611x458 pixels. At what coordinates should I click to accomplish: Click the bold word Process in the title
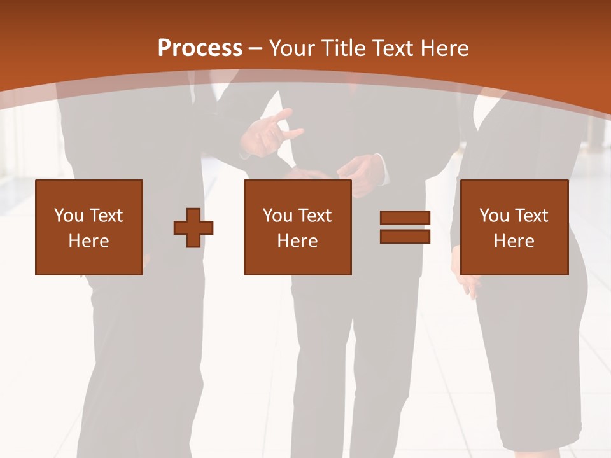pos(200,48)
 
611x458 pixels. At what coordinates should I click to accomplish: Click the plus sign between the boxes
pos(193,228)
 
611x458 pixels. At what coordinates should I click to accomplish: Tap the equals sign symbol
pos(405,227)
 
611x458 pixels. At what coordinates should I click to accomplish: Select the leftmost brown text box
pos(89,227)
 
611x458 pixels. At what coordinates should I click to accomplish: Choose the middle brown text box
pos(297,227)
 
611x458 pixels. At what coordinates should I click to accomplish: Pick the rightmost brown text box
pos(514,227)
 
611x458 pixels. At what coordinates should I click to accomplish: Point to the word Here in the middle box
pos(297,241)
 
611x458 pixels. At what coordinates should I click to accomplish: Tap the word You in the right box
pos(494,216)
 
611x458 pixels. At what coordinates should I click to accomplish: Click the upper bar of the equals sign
pos(405,218)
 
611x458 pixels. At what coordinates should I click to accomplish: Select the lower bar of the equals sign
pos(405,236)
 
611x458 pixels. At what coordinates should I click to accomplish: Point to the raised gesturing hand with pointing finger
pos(270,130)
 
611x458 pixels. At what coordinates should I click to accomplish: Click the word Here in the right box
pos(514,241)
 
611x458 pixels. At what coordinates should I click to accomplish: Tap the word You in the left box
pos(69,216)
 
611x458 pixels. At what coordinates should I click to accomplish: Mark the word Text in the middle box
pos(314,216)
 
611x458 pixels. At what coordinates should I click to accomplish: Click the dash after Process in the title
pos(256,49)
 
